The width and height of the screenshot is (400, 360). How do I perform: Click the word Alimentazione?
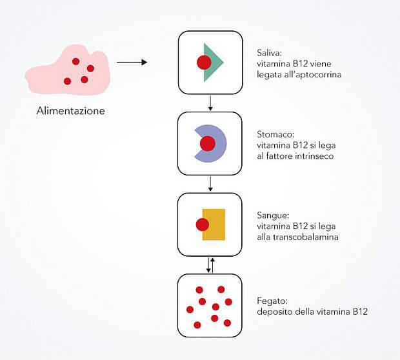[71, 111]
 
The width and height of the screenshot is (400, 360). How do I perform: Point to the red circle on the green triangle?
[204, 62]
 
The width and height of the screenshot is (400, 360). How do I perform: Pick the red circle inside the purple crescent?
[208, 144]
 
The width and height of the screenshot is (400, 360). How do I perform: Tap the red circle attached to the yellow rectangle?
[203, 225]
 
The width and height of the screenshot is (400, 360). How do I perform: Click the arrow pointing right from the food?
[132, 62]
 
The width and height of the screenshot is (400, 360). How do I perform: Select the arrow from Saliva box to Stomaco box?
[210, 103]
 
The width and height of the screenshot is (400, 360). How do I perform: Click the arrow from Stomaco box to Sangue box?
[210, 184]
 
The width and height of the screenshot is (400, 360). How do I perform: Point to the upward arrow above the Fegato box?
[212, 265]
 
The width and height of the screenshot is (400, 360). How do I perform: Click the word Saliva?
[270, 53]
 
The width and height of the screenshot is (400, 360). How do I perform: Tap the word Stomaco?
[275, 134]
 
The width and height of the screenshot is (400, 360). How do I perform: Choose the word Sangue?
[273, 216]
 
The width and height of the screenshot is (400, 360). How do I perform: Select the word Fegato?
[272, 301]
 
